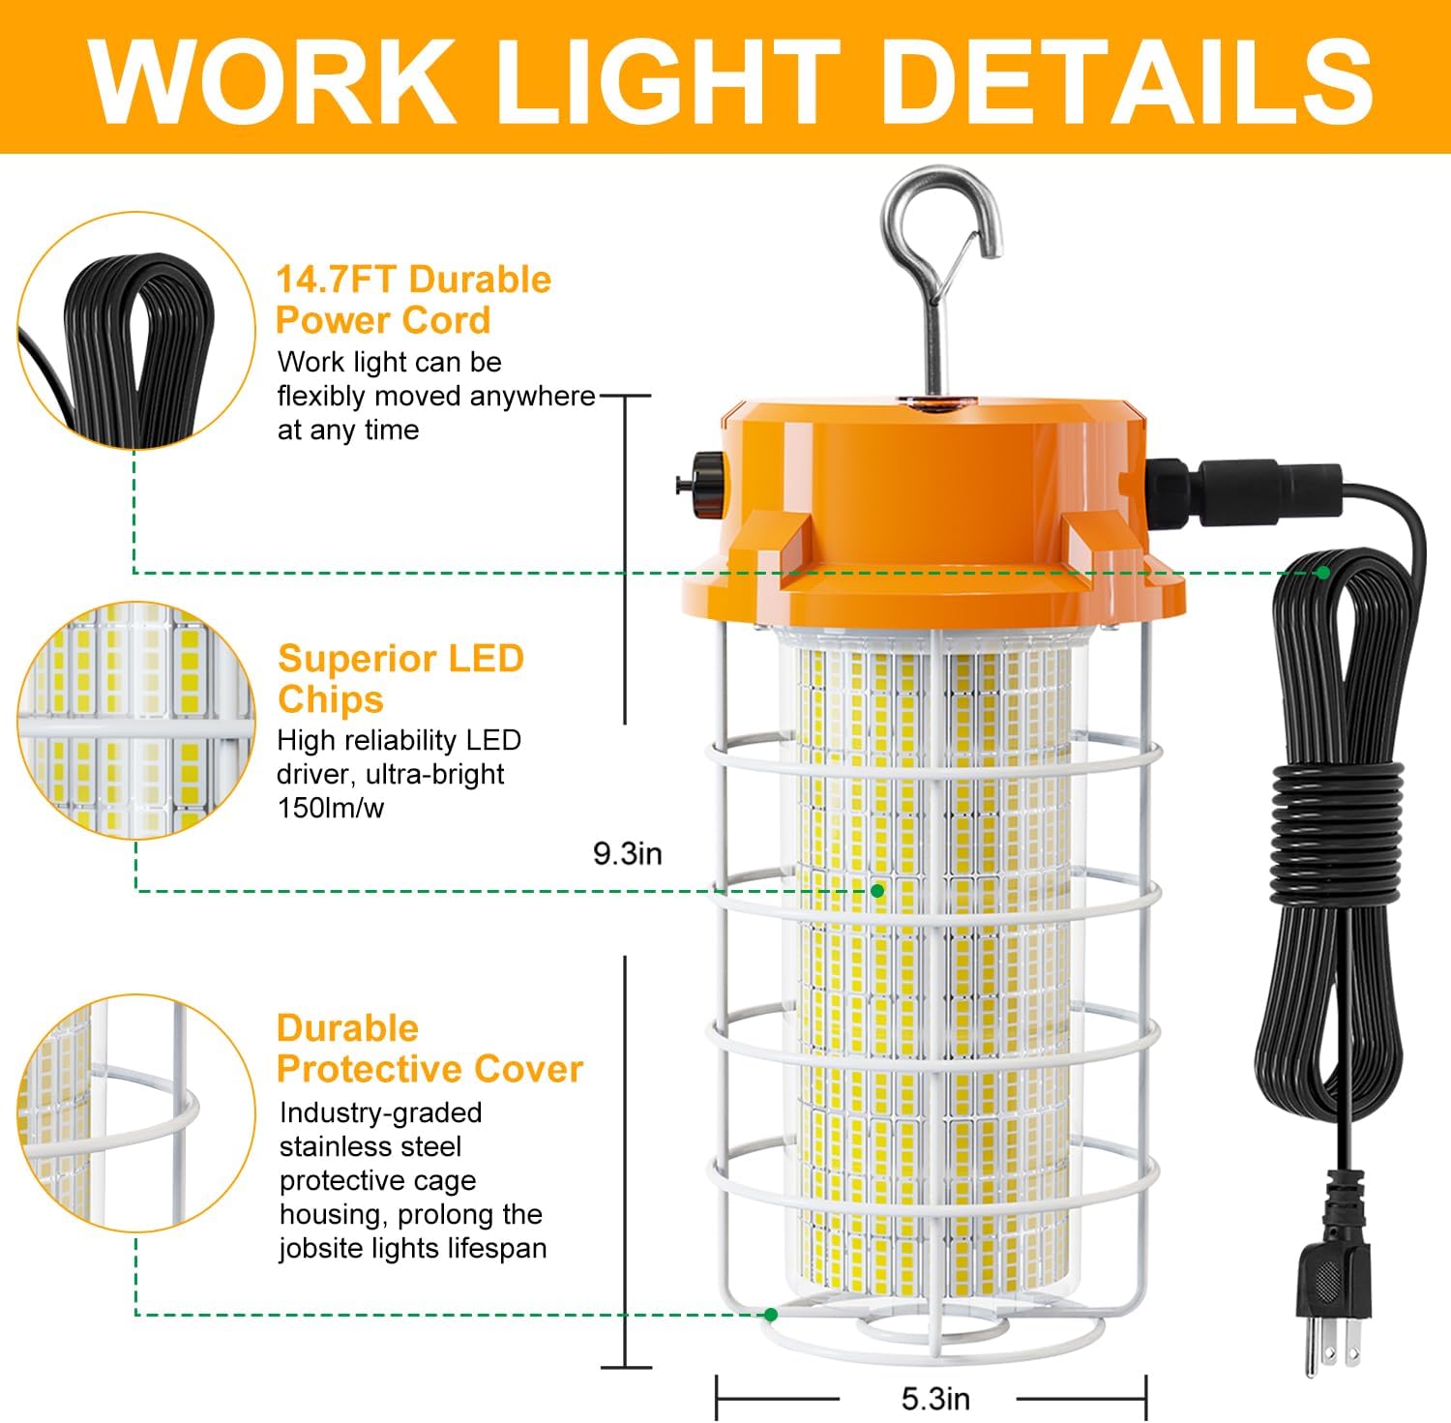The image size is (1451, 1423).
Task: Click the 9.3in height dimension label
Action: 628,854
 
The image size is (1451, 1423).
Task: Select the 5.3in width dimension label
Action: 935,1399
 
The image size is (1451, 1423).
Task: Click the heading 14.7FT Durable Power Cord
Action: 413,300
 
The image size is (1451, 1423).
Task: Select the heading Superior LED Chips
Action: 400,678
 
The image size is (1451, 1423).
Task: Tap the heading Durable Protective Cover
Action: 429,1049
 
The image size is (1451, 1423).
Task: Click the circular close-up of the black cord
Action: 135,331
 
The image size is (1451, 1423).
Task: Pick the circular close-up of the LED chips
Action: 135,721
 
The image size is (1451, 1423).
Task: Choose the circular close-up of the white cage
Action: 135,1112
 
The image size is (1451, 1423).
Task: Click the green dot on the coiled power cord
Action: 1322,573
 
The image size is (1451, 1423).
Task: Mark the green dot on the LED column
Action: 877,890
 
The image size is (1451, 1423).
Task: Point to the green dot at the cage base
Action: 771,1314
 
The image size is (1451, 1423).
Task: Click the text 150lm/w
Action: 331,809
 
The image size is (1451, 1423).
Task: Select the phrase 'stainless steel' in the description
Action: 370,1147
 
